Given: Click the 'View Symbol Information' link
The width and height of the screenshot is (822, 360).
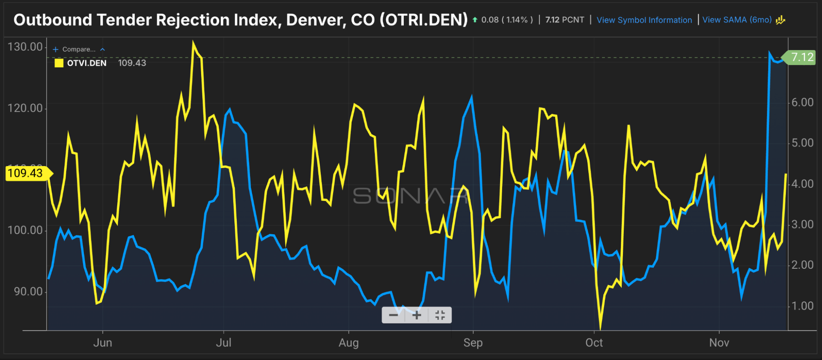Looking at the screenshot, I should pyautogui.click(x=644, y=20).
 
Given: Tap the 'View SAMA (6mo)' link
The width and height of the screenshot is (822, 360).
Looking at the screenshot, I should pyautogui.click(x=737, y=20).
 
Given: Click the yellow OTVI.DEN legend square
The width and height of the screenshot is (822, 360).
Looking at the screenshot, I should pyautogui.click(x=59, y=63).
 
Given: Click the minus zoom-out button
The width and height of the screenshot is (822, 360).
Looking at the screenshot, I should pyautogui.click(x=393, y=315).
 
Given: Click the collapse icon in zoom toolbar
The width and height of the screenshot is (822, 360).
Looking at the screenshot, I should pyautogui.click(x=440, y=315).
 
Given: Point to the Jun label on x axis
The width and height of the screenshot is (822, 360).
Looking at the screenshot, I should pyautogui.click(x=103, y=342).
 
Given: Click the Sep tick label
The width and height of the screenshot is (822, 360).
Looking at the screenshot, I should pyautogui.click(x=473, y=342).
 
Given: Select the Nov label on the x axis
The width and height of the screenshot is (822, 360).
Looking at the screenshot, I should pyautogui.click(x=719, y=342).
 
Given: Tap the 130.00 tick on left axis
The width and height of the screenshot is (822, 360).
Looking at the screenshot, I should pyautogui.click(x=25, y=47).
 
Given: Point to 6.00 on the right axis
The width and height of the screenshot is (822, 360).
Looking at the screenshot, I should pyautogui.click(x=802, y=102).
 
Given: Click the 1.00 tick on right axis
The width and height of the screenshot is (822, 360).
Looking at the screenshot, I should pyautogui.click(x=802, y=306).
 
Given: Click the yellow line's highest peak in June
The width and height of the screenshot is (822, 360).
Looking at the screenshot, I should pyautogui.click(x=193, y=42).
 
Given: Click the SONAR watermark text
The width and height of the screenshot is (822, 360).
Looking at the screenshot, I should pyautogui.click(x=410, y=196).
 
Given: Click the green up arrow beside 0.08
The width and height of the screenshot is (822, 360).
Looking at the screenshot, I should pyautogui.click(x=475, y=20).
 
